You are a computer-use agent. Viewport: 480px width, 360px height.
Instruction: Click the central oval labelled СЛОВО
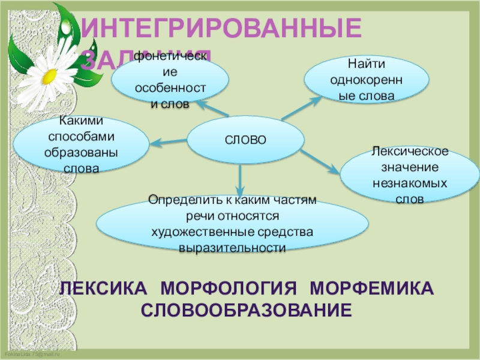pyautogui.click(x=245, y=140)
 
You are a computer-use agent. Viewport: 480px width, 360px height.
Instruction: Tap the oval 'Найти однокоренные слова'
pyautogui.click(x=367, y=80)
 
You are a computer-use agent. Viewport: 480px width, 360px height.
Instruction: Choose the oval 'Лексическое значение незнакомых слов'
pyautogui.click(x=410, y=174)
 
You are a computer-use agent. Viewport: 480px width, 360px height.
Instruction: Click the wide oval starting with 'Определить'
pyautogui.click(x=232, y=223)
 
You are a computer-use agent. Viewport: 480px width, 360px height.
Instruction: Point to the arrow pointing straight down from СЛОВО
pyautogui.click(x=241, y=181)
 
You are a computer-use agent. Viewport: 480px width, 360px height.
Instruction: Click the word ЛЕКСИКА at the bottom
pyautogui.click(x=103, y=289)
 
